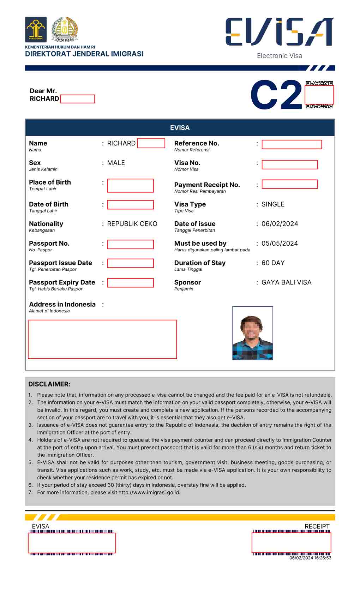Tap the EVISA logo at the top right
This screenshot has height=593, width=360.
279,32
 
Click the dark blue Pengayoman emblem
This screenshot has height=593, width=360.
36,30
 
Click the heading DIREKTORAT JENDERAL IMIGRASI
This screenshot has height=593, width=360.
84,54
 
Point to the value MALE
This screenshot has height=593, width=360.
116,163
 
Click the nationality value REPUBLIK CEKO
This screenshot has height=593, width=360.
132,224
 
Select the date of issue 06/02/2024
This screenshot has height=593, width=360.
280,224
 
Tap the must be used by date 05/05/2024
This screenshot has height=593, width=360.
280,244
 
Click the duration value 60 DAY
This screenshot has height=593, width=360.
273,263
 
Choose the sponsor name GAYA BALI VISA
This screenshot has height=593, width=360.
286,282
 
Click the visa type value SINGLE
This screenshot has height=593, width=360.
273,204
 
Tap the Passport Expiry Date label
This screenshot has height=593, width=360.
62,282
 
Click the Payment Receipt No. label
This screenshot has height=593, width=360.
207,185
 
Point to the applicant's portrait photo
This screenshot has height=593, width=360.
252,333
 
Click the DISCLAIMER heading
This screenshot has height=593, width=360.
49,384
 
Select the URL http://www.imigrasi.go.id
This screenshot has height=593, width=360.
149,492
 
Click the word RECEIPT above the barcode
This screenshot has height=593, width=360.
317,526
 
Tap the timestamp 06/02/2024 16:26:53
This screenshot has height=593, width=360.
310,558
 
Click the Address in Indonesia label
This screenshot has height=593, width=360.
62,304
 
